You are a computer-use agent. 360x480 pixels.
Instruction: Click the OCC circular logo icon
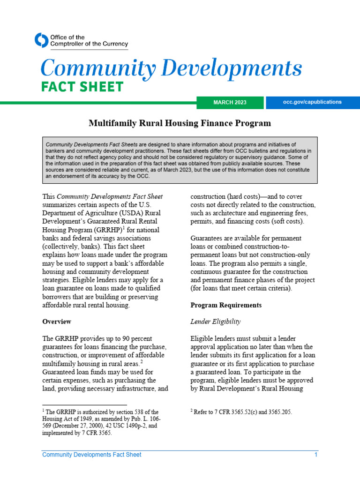42,40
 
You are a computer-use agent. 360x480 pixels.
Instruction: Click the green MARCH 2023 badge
230,103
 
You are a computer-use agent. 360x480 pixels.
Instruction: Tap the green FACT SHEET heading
82,87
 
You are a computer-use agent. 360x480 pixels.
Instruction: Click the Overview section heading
57,322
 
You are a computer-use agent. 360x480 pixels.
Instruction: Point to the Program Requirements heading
226,305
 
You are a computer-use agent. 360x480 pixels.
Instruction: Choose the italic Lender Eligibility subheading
215,322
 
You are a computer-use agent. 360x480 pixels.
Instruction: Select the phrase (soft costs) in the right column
285,222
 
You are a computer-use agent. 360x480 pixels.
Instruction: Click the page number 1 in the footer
316,455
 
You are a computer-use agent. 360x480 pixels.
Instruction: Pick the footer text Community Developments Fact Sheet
91,455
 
